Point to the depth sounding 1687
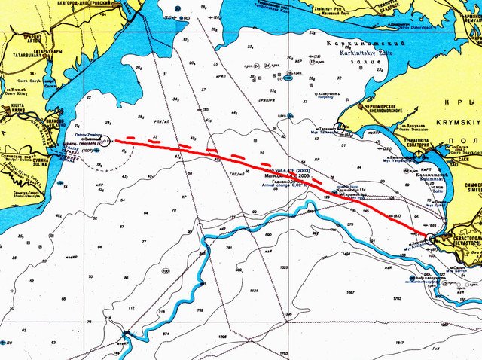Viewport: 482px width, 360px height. [350, 292]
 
